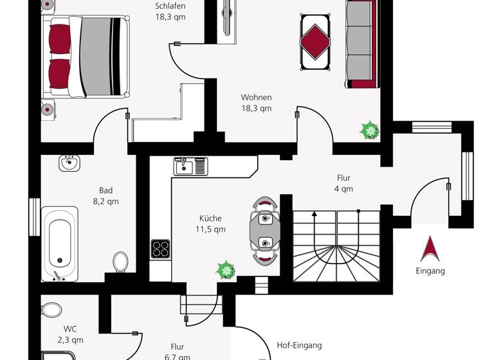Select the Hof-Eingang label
298,345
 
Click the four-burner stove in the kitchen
160,248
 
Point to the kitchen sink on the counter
185,167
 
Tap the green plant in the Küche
226,270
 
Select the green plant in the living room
369,131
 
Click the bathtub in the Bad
60,243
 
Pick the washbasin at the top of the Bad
69,163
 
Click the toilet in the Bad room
120,262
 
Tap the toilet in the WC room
51,310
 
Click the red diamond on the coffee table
315,41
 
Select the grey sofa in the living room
361,43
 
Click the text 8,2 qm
105,201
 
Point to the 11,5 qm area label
210,229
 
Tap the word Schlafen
170,6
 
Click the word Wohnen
256,98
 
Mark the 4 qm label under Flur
343,189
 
